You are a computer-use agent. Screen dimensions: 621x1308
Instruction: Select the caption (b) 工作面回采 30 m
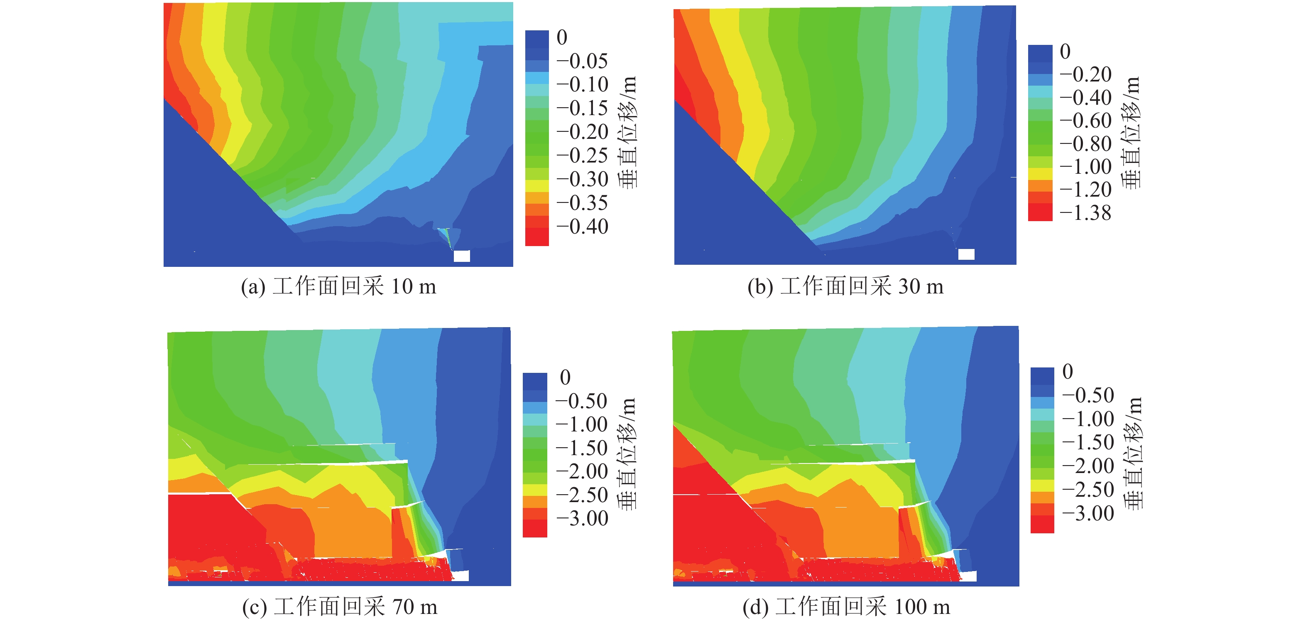click(x=845, y=287)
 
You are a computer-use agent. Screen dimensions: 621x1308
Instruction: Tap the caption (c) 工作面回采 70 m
click(x=340, y=607)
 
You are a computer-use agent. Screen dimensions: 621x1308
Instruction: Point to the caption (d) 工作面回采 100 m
click(x=846, y=607)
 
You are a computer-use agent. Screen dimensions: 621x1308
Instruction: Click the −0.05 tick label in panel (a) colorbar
click(x=582, y=61)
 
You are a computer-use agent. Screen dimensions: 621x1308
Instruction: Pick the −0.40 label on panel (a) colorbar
click(x=582, y=227)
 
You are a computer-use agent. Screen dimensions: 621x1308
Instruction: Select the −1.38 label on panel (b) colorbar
click(x=1085, y=213)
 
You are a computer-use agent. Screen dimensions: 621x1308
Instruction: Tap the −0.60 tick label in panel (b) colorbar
click(x=1085, y=121)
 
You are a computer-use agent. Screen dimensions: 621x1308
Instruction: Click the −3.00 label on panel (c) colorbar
click(x=582, y=518)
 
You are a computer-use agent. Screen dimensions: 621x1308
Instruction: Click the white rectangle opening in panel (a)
click(x=462, y=256)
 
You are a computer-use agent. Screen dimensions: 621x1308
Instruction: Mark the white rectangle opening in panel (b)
click(x=966, y=254)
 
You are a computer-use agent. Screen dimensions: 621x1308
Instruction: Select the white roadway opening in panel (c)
click(x=460, y=575)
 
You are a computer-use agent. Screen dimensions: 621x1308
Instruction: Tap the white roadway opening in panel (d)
click(x=968, y=576)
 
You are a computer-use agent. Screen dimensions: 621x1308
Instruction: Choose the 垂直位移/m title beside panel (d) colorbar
click(x=1133, y=452)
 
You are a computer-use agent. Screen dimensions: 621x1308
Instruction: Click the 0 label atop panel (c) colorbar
click(x=565, y=377)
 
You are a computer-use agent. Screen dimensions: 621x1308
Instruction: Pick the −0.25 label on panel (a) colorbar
click(x=582, y=155)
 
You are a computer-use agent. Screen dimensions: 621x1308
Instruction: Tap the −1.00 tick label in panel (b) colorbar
click(x=1085, y=167)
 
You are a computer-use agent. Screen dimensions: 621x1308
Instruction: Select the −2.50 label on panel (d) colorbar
click(x=1088, y=489)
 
